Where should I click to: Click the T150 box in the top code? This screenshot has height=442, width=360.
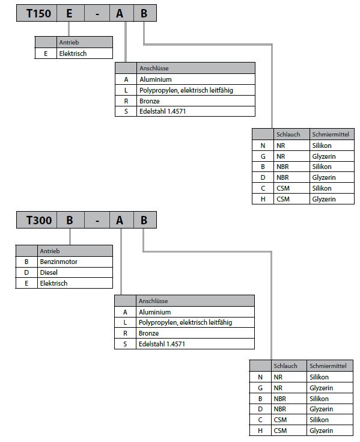point(37,13)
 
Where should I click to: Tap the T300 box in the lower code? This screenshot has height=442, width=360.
point(37,220)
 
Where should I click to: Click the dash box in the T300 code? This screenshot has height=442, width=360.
point(97,220)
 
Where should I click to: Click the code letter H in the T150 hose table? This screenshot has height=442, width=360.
point(263,199)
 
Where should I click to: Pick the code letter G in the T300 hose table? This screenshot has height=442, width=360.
point(260,388)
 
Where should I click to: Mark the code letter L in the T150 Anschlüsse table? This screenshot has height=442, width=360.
point(126,90)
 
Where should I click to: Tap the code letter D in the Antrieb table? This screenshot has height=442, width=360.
point(26,272)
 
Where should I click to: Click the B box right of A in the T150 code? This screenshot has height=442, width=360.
point(145,13)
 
